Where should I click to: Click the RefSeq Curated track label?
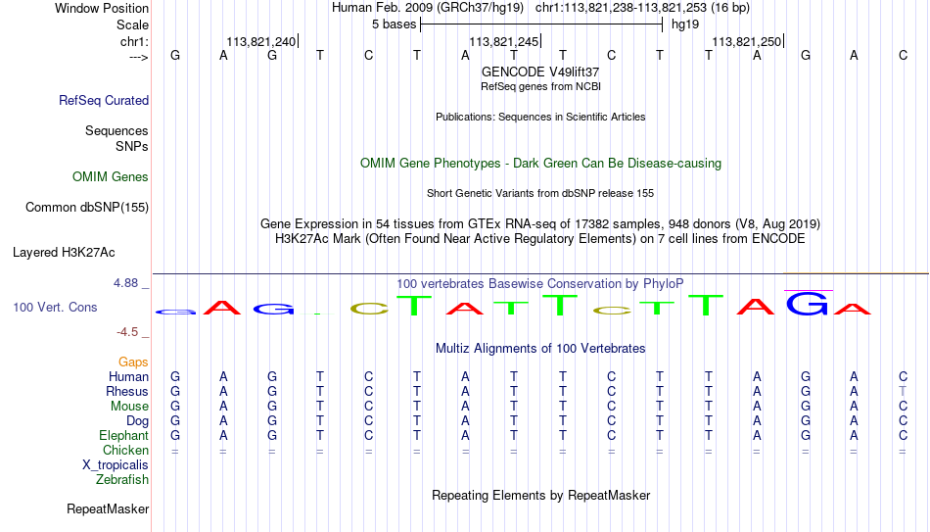tap(104, 100)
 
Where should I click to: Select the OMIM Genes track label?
tap(111, 177)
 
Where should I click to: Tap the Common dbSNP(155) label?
tap(87, 208)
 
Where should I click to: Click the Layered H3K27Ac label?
tap(64, 253)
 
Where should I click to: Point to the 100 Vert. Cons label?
tap(55, 307)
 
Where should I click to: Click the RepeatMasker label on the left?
tap(108, 508)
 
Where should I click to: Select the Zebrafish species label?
tap(122, 479)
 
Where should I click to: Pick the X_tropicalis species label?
tap(116, 465)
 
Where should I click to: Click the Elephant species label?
tap(124, 435)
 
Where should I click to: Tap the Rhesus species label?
tap(127, 391)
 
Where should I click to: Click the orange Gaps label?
tap(133, 363)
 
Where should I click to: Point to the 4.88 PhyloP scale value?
tap(125, 283)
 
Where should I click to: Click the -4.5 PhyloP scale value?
tap(127, 332)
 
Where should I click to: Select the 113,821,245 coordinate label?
tap(503, 41)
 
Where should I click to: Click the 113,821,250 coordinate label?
tap(747, 41)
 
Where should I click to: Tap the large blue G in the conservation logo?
tap(808, 304)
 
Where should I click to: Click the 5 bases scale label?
tap(394, 24)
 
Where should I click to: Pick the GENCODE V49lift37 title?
tap(540, 72)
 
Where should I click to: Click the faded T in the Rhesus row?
tap(903, 391)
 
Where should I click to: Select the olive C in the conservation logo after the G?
tap(369, 309)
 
